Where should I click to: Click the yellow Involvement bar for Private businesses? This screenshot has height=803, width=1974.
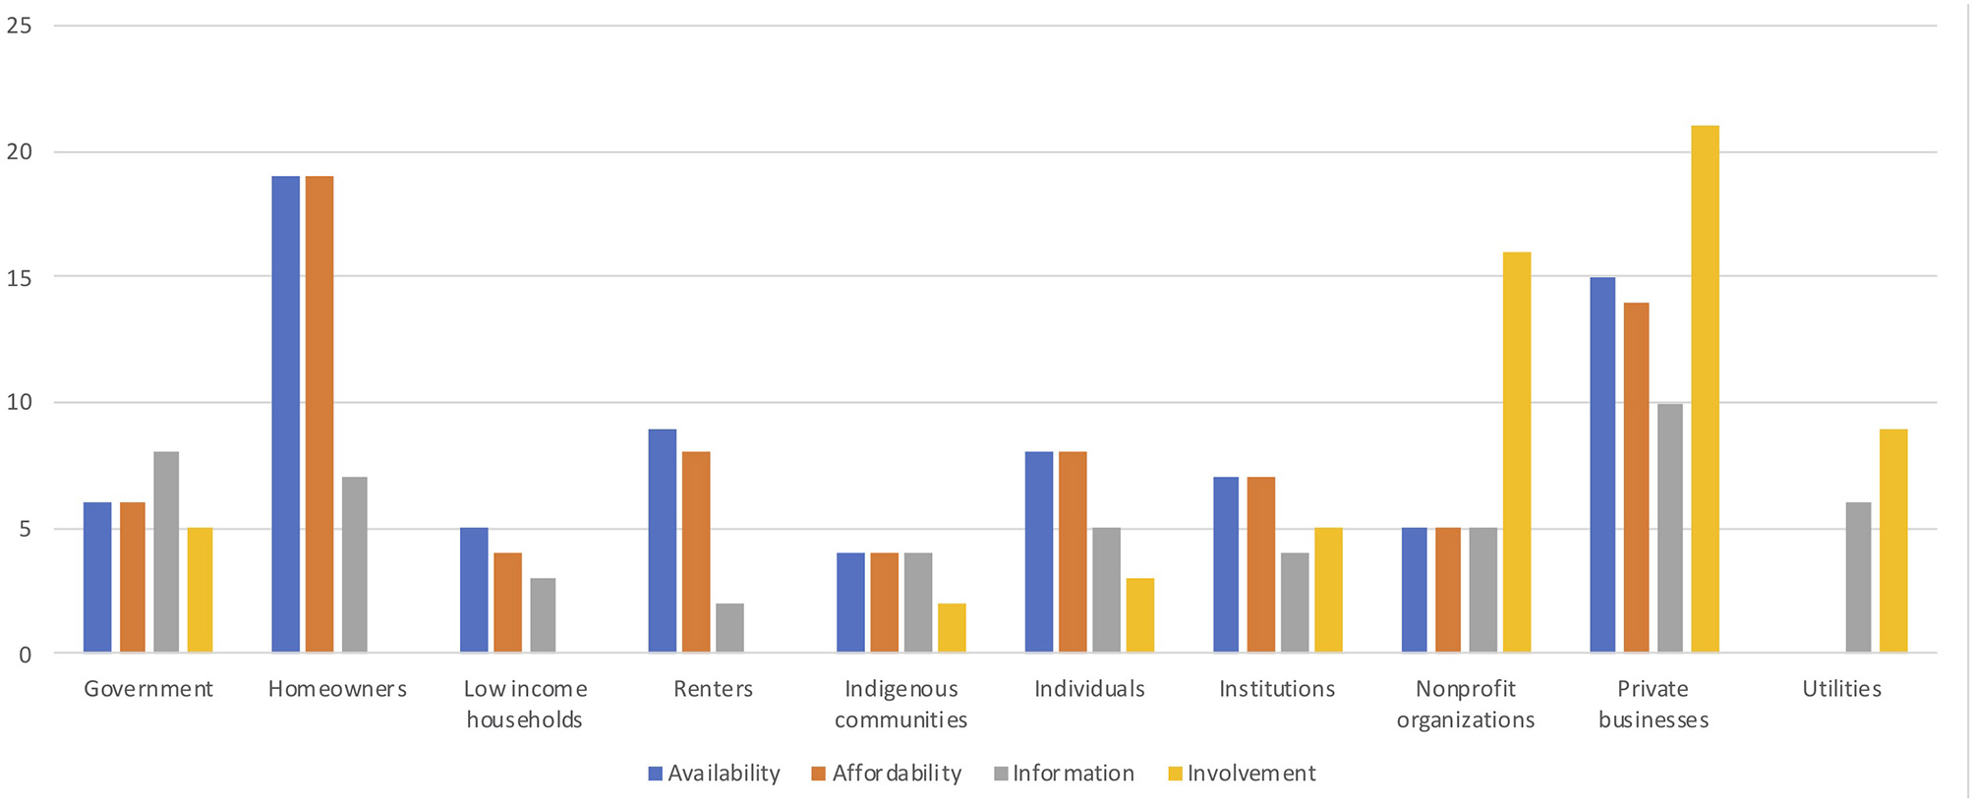click(x=1705, y=389)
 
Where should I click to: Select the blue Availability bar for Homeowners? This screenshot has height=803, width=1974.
click(x=285, y=414)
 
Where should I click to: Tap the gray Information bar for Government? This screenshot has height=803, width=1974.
click(x=166, y=551)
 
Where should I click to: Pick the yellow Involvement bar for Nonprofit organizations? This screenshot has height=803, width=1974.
click(x=1517, y=452)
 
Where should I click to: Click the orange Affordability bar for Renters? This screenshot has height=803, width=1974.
click(x=696, y=551)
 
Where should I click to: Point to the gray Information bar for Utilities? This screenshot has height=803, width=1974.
click(x=1858, y=577)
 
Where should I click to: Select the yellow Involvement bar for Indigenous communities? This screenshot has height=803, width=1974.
click(x=952, y=627)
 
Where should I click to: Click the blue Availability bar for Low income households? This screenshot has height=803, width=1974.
click(x=474, y=590)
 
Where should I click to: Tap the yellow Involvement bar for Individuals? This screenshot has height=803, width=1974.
click(x=1140, y=615)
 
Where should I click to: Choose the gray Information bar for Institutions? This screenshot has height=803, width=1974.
click(x=1295, y=602)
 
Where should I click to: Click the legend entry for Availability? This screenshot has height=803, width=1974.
click(x=715, y=774)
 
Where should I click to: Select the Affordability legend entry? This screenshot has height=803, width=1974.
click(x=887, y=774)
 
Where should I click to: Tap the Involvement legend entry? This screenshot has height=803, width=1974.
click(x=1242, y=774)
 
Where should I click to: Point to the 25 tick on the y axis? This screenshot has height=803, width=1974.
click(x=20, y=26)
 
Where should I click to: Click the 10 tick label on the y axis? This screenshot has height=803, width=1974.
click(x=20, y=402)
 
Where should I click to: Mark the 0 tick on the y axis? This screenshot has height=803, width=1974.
click(x=26, y=655)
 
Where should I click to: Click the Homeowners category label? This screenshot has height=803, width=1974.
click(x=337, y=689)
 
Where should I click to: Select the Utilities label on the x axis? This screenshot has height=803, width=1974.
click(x=1841, y=689)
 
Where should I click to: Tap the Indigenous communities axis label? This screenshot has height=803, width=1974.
click(x=900, y=704)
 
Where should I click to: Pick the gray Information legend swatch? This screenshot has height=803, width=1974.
click(x=1001, y=774)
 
